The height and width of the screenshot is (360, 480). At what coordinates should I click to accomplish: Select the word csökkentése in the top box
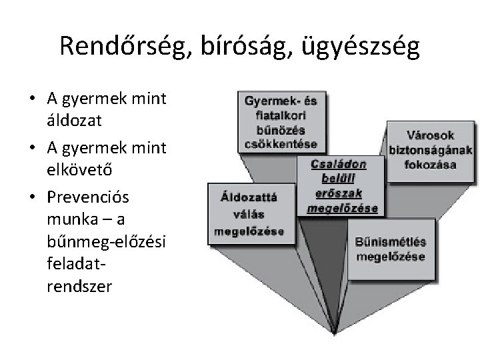[280, 144]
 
